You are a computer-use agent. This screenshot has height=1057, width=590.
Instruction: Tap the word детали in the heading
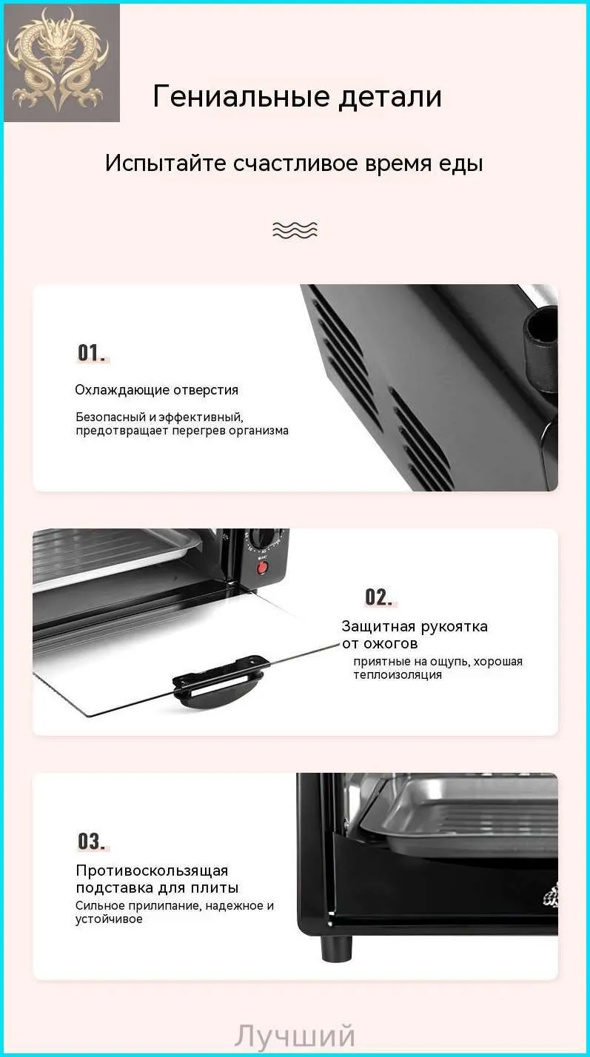[390, 96]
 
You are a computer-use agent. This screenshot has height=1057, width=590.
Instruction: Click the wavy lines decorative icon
[295, 229]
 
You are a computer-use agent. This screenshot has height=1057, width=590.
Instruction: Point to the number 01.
[93, 352]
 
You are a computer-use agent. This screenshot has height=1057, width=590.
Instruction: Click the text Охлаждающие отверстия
[156, 390]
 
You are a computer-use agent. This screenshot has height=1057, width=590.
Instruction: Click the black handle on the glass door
[218, 680]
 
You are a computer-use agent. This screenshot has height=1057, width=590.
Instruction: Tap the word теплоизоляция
[398, 675]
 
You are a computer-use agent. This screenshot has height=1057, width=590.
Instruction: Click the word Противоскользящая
[152, 870]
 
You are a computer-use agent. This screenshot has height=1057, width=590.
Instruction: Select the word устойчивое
[109, 919]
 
